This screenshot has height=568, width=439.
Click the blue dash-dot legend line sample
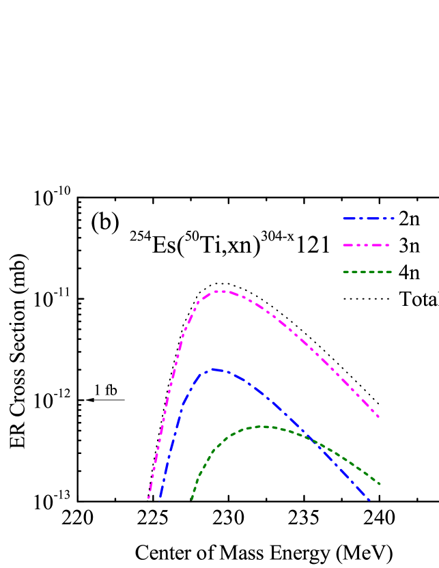(x=369, y=218)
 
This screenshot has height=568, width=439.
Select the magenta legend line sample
(x=366, y=245)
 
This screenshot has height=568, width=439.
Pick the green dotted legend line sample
(x=367, y=272)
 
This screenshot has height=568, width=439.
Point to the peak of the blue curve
(x=214, y=369)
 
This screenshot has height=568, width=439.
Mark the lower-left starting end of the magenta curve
(x=148, y=498)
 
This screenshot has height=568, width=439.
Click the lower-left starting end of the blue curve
(x=160, y=496)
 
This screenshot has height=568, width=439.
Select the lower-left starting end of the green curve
(x=192, y=499)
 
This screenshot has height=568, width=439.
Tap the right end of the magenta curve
(x=378, y=416)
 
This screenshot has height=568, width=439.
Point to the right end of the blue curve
(x=369, y=500)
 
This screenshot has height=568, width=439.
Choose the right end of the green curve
(x=380, y=485)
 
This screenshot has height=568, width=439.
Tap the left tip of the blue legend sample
(x=343, y=218)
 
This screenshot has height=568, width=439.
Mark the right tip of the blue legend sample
(x=394, y=218)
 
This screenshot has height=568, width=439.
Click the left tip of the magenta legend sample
(x=343, y=245)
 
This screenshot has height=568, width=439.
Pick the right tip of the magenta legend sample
(x=388, y=245)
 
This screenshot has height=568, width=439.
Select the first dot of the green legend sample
(x=345, y=272)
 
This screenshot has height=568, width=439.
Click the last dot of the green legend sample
(x=390, y=272)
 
